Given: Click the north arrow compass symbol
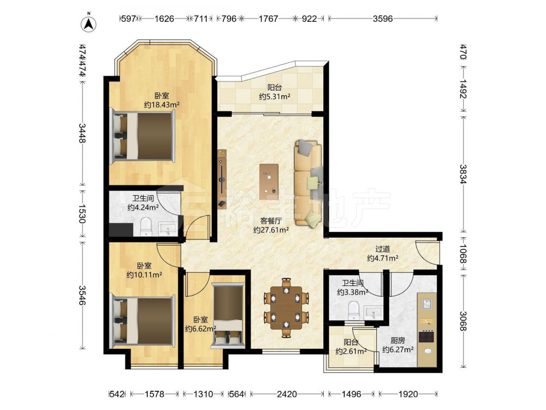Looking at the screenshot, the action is coord(89,24).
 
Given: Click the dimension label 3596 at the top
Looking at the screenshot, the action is coord(383,19).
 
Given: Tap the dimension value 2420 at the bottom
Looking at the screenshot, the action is coord(287,394).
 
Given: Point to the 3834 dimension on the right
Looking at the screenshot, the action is coord(463,174).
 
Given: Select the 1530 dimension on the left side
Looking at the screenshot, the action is coord(82,213).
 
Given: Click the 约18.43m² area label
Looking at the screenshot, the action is coord(162,104).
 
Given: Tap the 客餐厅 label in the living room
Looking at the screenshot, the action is coord(271,221).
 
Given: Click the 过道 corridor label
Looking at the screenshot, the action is coord(382,249).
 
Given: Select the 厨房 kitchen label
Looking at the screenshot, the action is coord(397,341).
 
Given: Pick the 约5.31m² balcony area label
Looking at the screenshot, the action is coord(275,97).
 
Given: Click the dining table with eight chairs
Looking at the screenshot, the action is coord(287,308).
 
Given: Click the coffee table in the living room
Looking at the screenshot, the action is coord(269,181).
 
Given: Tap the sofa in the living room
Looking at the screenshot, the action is coord(308,184).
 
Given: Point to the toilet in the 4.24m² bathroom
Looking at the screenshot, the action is coord(146,227).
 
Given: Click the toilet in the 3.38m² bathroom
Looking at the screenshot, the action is coord(354,311).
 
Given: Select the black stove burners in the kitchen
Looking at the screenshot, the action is coord(426,337).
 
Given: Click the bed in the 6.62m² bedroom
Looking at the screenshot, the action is coord(228,315).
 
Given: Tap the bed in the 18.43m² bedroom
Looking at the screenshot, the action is coord(143,136).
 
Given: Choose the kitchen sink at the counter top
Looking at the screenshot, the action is coord(428,304).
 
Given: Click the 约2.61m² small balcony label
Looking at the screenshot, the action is coord(351,352).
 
